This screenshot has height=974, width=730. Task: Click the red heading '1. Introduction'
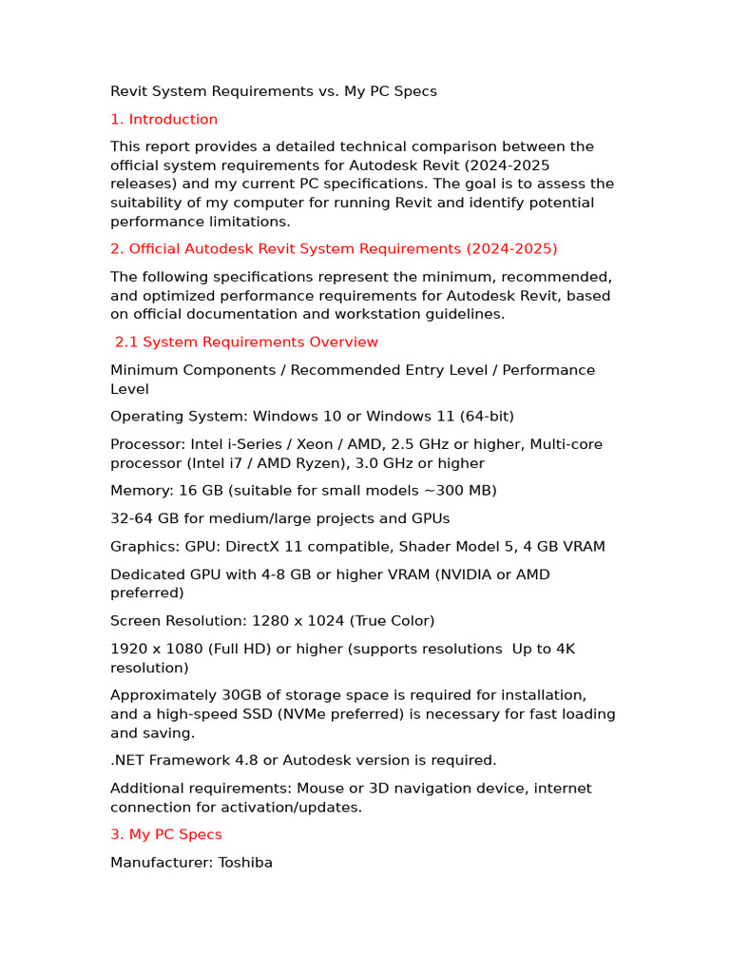pos(163,119)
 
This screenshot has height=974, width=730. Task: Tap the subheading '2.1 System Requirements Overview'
pos(246,341)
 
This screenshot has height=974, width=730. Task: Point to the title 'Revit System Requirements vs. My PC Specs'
pos(274,91)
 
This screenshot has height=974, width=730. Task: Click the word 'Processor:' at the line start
pos(147,444)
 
